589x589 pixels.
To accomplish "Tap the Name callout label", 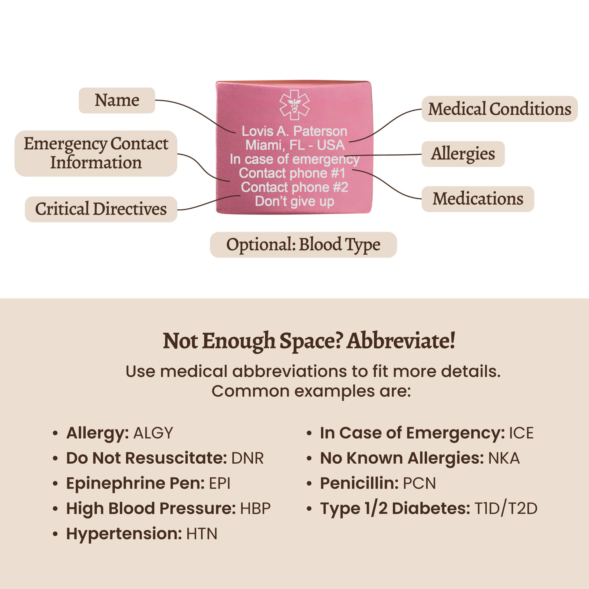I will tap(117, 100).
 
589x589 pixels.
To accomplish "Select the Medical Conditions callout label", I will tap(499, 109).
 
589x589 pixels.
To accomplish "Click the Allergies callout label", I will tap(463, 154).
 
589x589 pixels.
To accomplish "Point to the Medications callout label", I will tap(477, 199).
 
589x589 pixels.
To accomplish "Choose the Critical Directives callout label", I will tap(101, 209).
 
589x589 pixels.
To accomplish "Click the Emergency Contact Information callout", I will tap(96, 153).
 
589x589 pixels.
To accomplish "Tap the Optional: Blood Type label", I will tap(303, 245).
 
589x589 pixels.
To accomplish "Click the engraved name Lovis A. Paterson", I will tap(294, 131).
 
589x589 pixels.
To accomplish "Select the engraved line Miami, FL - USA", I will tap(295, 145).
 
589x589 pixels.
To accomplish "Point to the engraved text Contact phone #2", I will tap(294, 187).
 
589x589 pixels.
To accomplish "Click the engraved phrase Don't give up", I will tap(294, 201).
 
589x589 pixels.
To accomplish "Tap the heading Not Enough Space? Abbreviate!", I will tap(309, 341).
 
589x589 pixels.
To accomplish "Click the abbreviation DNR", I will tap(247, 458).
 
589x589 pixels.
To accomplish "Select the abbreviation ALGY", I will tap(153, 433).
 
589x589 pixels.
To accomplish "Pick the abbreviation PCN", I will tap(419, 483).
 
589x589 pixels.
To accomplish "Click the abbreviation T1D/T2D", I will tap(506, 508).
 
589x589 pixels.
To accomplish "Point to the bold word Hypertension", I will tap(124, 534).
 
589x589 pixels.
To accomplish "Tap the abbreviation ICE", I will tap(521, 433).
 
